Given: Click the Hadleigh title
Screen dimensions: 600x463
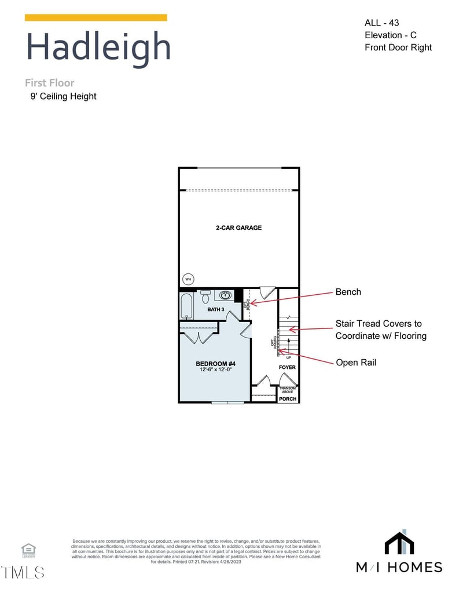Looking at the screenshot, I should click(x=98, y=47).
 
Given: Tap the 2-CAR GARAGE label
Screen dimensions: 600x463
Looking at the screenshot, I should click(x=238, y=228).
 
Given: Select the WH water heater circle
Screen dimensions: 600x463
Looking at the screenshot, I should click(x=188, y=279).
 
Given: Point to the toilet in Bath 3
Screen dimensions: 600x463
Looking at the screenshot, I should click(x=205, y=297).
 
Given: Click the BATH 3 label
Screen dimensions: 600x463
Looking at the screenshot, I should click(x=216, y=310).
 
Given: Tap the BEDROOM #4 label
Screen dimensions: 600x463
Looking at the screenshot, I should click(x=215, y=364).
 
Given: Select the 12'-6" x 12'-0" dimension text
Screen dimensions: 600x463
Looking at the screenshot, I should click(x=215, y=370).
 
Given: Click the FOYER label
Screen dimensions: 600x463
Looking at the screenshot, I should click(x=287, y=367).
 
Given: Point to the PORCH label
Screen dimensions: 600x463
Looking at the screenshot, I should click(x=288, y=399).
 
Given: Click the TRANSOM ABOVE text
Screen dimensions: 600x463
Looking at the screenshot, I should click(x=288, y=390).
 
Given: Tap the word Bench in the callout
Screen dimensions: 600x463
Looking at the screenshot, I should click(x=348, y=292).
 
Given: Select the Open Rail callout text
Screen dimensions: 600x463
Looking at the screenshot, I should click(x=356, y=363).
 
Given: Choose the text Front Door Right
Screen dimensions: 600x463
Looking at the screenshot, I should click(x=398, y=47).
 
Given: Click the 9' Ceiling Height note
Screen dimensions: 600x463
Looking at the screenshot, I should click(x=64, y=96).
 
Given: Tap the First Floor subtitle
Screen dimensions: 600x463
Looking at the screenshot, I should click(x=50, y=83).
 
